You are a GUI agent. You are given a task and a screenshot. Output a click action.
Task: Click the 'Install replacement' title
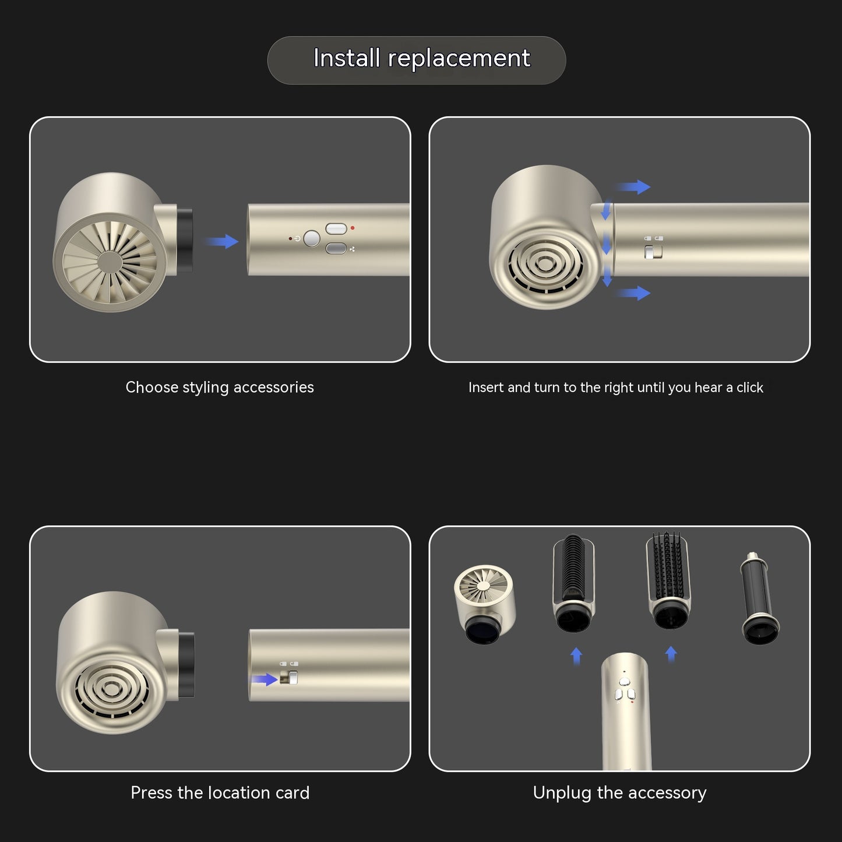pos(422,58)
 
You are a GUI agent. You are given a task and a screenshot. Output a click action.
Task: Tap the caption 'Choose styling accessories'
pos(219,387)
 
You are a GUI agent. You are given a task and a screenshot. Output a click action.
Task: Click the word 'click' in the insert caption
pos(750,387)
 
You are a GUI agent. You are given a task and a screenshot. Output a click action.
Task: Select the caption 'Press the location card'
pos(220,792)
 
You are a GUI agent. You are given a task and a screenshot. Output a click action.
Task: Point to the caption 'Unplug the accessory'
pos(619,792)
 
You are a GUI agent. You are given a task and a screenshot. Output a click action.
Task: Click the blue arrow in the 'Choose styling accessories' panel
pos(222,241)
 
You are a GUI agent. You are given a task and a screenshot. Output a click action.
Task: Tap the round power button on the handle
pos(312,238)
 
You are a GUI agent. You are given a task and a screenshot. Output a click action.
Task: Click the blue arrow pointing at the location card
pos(265,679)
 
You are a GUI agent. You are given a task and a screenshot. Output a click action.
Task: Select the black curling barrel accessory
pos(759,598)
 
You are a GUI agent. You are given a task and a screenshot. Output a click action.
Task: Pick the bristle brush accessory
pos(668,581)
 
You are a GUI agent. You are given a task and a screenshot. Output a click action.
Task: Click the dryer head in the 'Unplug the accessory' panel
pos(485,604)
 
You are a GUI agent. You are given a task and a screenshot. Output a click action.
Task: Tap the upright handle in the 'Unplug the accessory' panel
pos(626,711)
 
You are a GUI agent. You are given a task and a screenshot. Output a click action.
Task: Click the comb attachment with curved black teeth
pos(574,583)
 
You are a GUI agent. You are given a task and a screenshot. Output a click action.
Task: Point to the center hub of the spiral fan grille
pos(109,262)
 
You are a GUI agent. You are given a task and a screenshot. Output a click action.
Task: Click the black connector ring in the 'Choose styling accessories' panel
pos(185,240)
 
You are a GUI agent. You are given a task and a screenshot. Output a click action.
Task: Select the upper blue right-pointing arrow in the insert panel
pos(634,186)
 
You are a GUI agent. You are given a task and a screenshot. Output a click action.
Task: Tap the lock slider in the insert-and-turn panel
pos(653,252)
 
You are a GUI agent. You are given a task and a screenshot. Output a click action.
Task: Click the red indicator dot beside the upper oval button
pos(353,228)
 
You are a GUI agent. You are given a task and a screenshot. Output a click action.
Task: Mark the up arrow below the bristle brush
pos(671,654)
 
